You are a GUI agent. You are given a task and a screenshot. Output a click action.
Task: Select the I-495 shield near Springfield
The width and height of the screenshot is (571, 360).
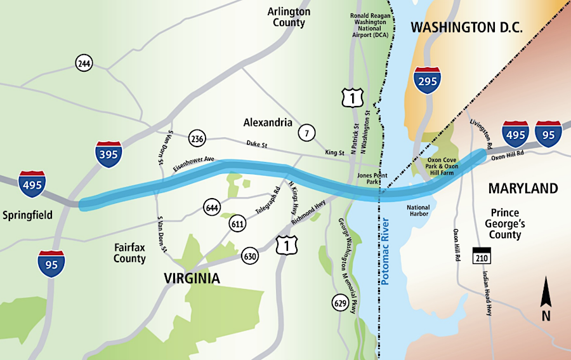pyautogui.click(x=32, y=184)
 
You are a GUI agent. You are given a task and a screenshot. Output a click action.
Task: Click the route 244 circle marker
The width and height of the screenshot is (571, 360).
pyautogui.click(x=84, y=63)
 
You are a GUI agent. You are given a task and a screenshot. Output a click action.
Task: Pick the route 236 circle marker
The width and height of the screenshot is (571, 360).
pyautogui.click(x=197, y=138)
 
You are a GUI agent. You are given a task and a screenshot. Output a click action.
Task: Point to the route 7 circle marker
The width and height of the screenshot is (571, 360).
pyautogui.click(x=308, y=132)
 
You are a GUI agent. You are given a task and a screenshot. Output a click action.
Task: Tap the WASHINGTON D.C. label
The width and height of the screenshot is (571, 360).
pyautogui.click(x=466, y=28)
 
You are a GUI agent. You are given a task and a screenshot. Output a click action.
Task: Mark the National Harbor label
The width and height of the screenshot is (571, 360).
pyautogui.click(x=417, y=211)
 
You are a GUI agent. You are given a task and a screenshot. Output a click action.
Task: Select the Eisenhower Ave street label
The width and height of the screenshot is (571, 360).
pyautogui.click(x=194, y=164)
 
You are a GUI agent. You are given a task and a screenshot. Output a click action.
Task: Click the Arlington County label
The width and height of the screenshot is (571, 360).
pyautogui.click(x=289, y=17)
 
